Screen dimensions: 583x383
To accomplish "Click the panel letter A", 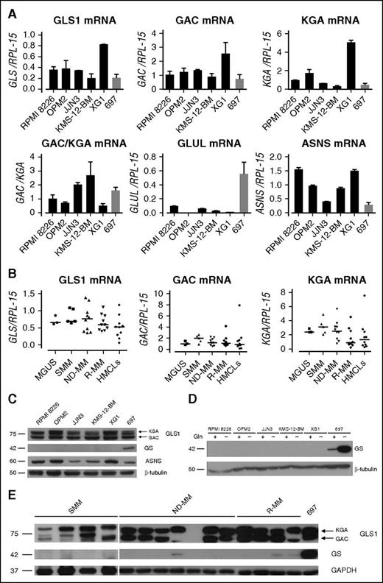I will click(9, 7).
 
